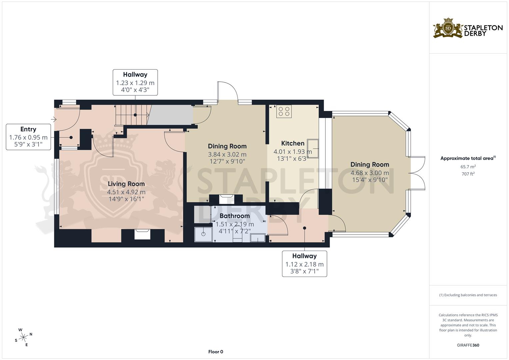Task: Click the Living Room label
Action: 126,184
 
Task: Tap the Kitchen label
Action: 293,143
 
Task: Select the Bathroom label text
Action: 235,216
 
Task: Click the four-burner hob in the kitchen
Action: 284,111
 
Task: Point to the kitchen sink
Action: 313,148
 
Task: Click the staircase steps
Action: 133,115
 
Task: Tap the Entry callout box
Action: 28,137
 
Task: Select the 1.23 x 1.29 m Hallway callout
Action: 135,82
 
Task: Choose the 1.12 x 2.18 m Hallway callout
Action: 304,264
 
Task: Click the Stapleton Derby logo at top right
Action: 468,28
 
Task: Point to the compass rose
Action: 23,337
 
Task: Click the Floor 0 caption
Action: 216,352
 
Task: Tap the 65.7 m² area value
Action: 468,166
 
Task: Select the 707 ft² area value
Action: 468,174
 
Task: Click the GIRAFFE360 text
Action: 468,345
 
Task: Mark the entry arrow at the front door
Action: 54,119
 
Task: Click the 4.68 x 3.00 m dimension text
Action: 370,173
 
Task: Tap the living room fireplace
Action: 142,234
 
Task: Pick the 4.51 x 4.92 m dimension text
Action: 126,192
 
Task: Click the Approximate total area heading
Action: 468,158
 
